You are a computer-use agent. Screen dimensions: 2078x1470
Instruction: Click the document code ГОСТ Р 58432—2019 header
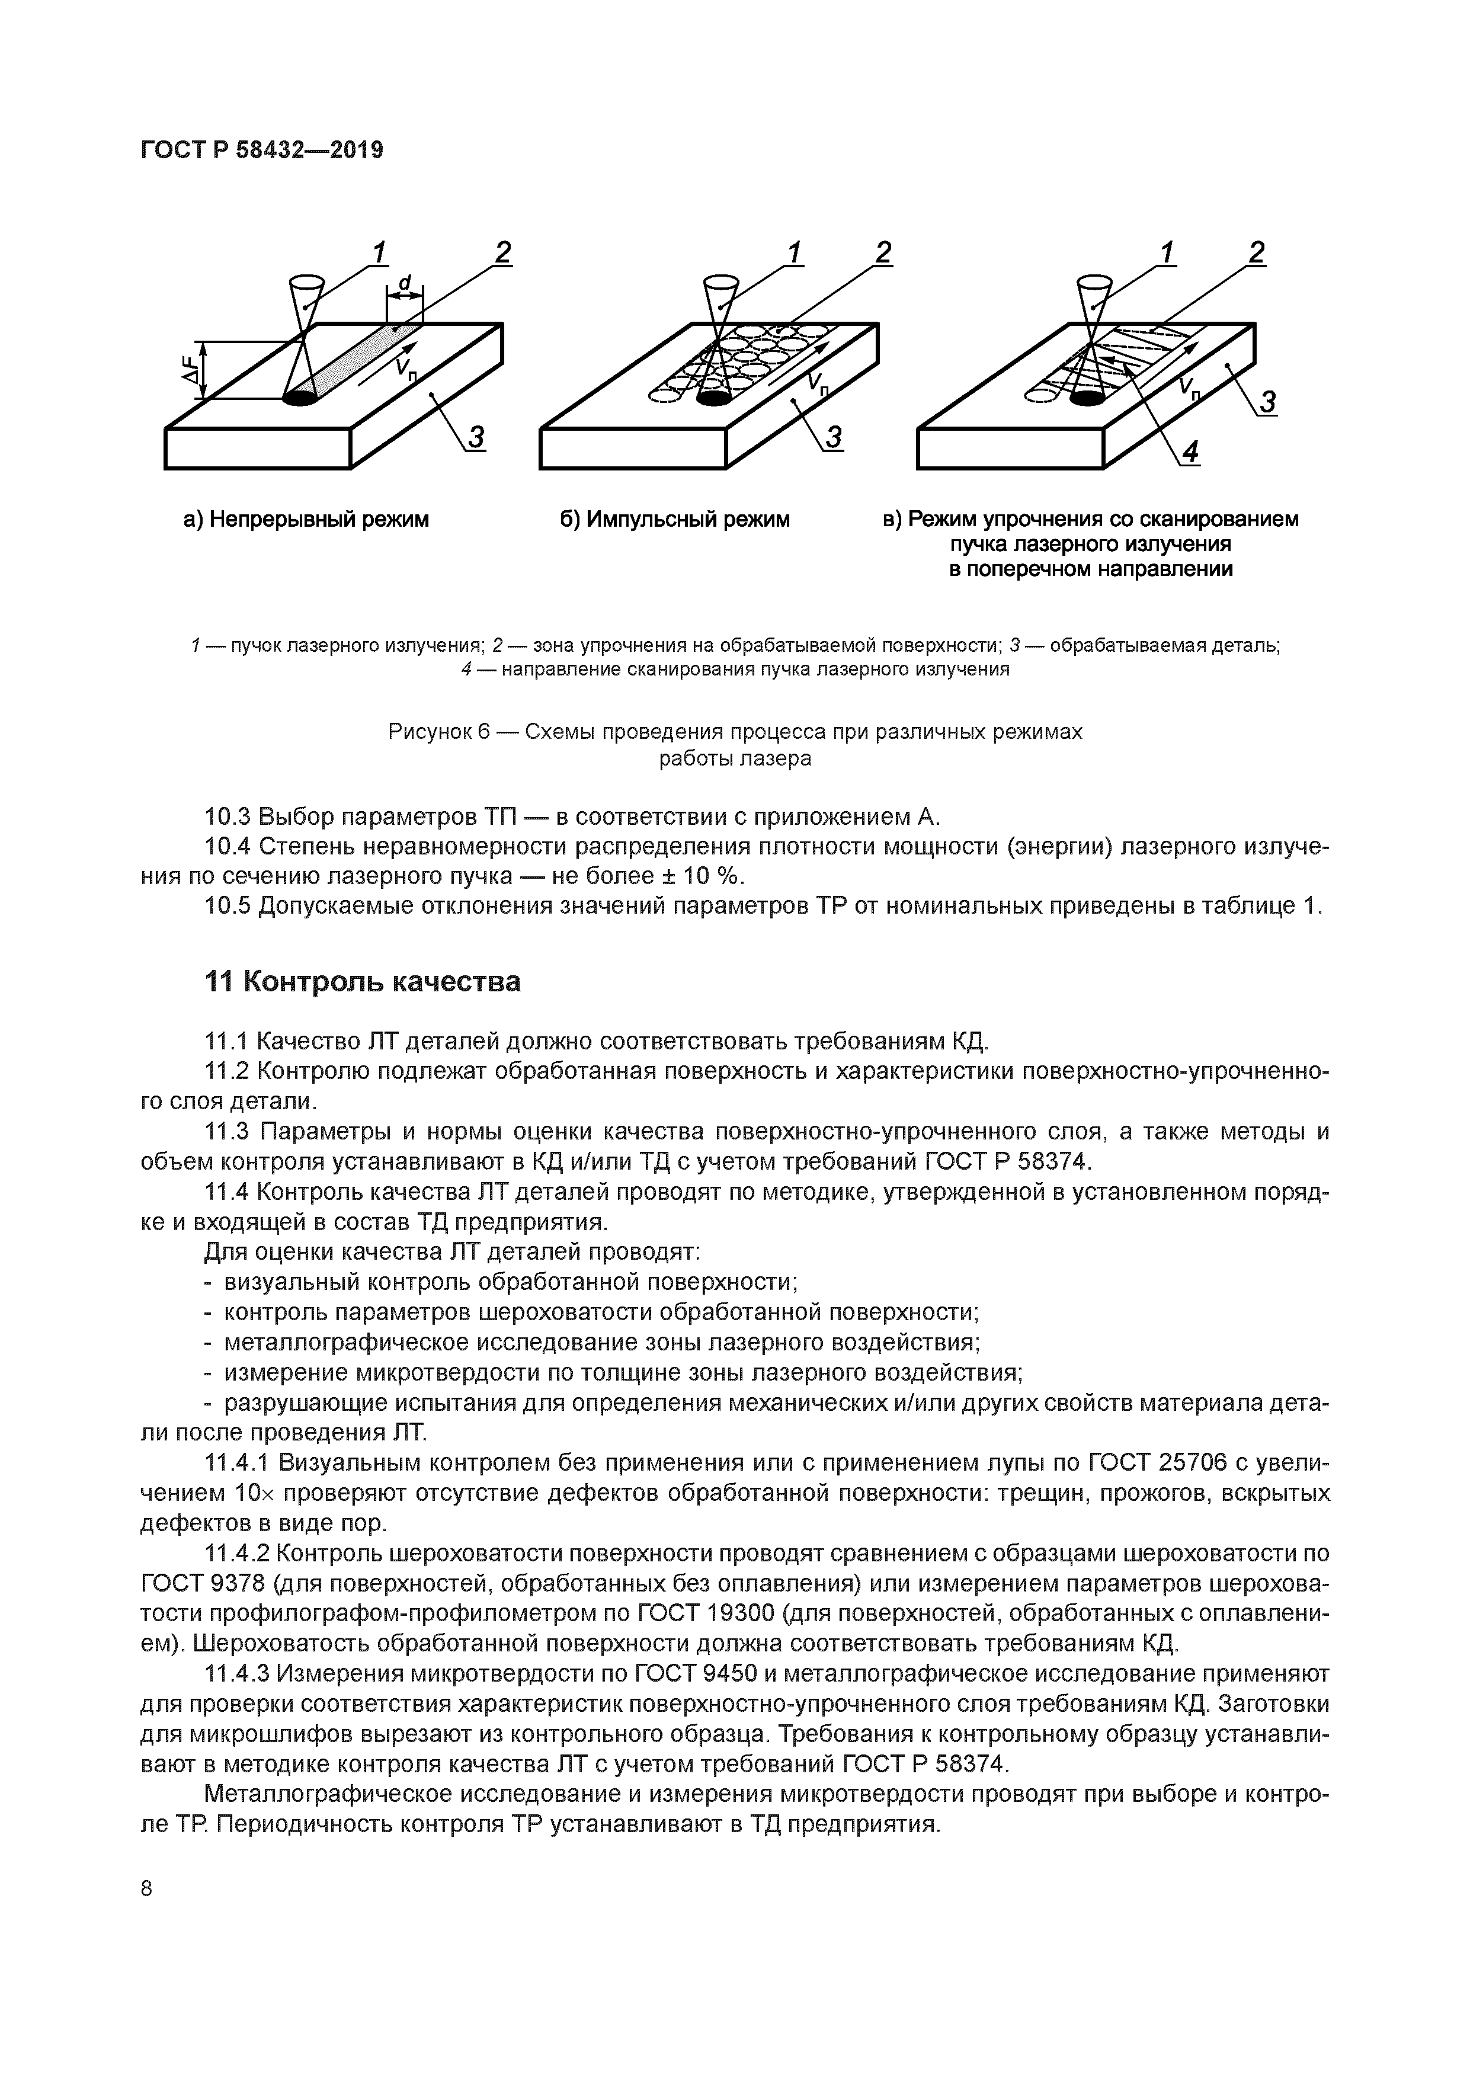click(x=262, y=151)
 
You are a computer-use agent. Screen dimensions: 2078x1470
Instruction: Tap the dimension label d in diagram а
click(x=405, y=284)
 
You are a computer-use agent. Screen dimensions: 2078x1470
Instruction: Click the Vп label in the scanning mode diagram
click(x=1193, y=388)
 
